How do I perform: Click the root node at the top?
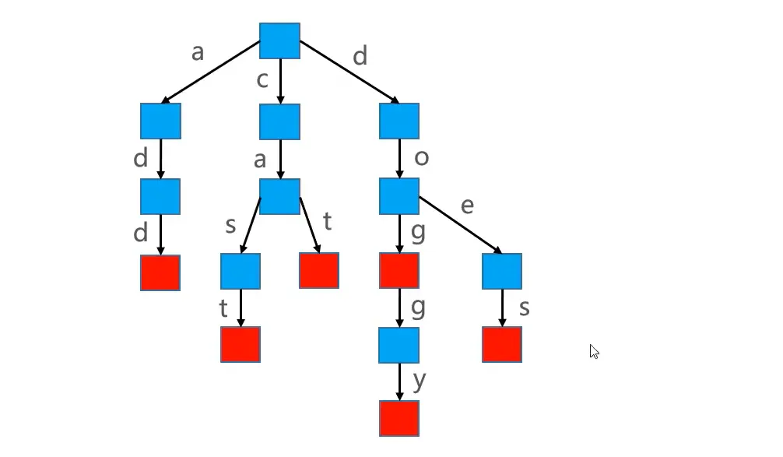pyautogui.click(x=279, y=40)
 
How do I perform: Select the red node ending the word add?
pyautogui.click(x=160, y=272)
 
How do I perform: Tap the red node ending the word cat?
pyautogui.click(x=319, y=270)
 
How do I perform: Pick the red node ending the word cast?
pyautogui.click(x=241, y=344)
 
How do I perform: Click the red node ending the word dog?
pyautogui.click(x=399, y=271)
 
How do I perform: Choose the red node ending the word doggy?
pyautogui.click(x=399, y=418)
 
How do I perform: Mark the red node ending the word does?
pyautogui.click(x=502, y=344)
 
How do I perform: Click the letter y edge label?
pyautogui.click(x=420, y=381)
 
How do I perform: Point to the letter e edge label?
pyautogui.click(x=468, y=206)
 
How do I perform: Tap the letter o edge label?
pyautogui.click(x=422, y=157)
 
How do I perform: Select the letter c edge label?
pyautogui.click(x=262, y=79)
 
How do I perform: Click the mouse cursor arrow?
pyautogui.click(x=594, y=351)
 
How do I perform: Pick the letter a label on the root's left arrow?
pyautogui.click(x=197, y=52)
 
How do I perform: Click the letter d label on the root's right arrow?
pyautogui.click(x=360, y=56)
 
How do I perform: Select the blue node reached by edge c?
pyautogui.click(x=279, y=121)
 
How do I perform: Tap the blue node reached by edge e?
pyautogui.click(x=502, y=271)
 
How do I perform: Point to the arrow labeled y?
pyautogui.click(x=399, y=381)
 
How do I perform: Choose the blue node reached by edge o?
pyautogui.click(x=399, y=196)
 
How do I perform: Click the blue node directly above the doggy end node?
pyautogui.click(x=399, y=345)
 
